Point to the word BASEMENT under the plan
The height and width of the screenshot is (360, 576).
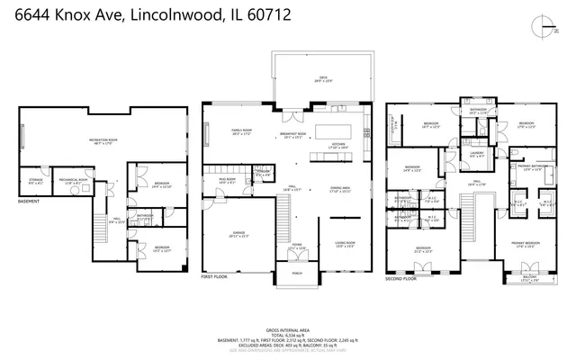[x=29, y=202]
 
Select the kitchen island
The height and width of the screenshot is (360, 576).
[x=339, y=123]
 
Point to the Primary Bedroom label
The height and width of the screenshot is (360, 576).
[x=526, y=245]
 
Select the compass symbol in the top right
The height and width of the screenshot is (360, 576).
[x=540, y=29]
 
